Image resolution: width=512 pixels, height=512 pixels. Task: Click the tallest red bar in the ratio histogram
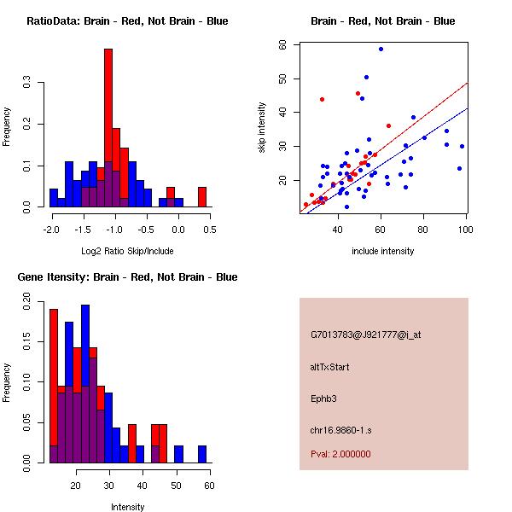108,128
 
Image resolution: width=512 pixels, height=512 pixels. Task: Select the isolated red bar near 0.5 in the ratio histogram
202,197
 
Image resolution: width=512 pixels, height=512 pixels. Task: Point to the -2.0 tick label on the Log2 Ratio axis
51,230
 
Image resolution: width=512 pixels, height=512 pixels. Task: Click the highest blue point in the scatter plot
381,49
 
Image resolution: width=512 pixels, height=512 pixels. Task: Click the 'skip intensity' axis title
262,128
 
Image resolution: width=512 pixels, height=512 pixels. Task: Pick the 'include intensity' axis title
383,251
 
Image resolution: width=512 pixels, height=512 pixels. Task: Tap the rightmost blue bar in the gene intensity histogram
202,454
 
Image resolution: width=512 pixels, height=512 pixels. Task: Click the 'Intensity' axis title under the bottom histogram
128,507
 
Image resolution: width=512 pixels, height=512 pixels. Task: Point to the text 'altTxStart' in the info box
330,367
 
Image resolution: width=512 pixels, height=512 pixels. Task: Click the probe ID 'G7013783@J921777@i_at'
366,335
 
